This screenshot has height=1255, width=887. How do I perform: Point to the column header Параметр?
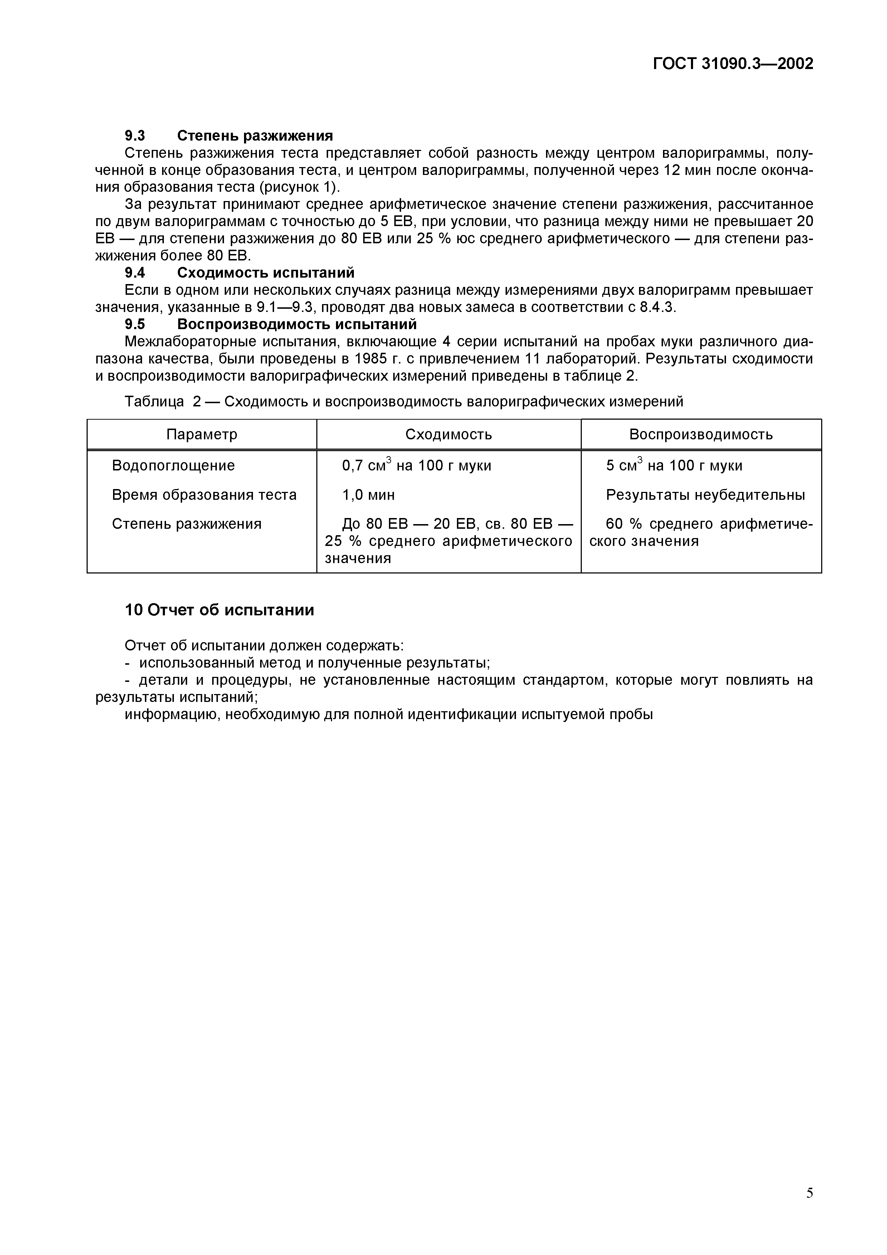coord(202,435)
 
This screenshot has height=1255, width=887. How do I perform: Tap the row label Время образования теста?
coord(204,495)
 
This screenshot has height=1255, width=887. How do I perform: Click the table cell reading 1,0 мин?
coord(368,495)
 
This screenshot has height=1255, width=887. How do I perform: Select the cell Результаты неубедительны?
coord(705,495)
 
